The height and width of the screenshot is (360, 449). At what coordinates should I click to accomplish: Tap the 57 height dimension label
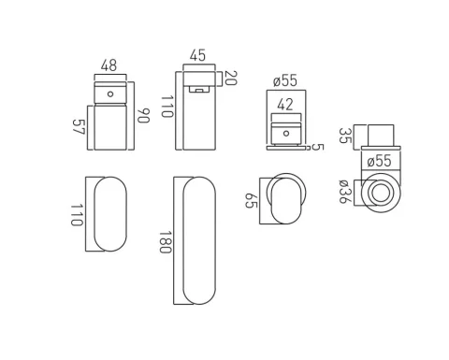click(x=79, y=127)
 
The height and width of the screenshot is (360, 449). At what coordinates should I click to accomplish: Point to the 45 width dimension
click(x=196, y=55)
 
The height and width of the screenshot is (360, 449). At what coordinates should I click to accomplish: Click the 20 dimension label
click(x=230, y=78)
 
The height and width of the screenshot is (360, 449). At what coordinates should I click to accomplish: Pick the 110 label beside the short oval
click(x=77, y=214)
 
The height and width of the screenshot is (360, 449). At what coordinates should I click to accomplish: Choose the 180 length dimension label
click(x=166, y=242)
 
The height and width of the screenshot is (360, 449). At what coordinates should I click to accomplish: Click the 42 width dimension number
click(x=285, y=105)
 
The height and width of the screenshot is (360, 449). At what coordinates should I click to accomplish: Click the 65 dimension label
click(x=252, y=200)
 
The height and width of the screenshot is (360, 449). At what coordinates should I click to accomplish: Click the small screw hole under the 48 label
click(x=111, y=94)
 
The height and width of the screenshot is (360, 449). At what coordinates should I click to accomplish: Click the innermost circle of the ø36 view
click(x=381, y=194)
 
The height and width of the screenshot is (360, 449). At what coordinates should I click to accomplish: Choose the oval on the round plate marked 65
click(x=284, y=199)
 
